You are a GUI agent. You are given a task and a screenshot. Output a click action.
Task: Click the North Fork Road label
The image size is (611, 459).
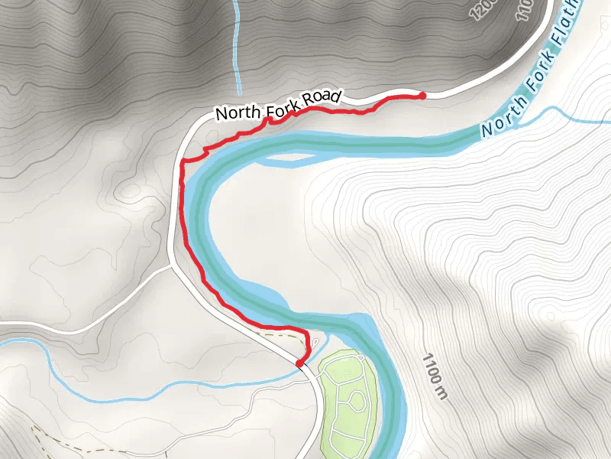pos(277,106)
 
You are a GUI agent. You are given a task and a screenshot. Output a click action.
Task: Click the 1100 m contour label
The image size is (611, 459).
pos(432,376)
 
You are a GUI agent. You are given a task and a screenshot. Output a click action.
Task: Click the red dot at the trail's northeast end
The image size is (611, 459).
pos(422,96)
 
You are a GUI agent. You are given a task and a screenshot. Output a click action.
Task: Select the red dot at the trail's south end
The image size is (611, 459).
pos(299,363)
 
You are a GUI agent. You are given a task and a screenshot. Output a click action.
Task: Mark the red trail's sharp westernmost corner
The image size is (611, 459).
pos(182,163)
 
